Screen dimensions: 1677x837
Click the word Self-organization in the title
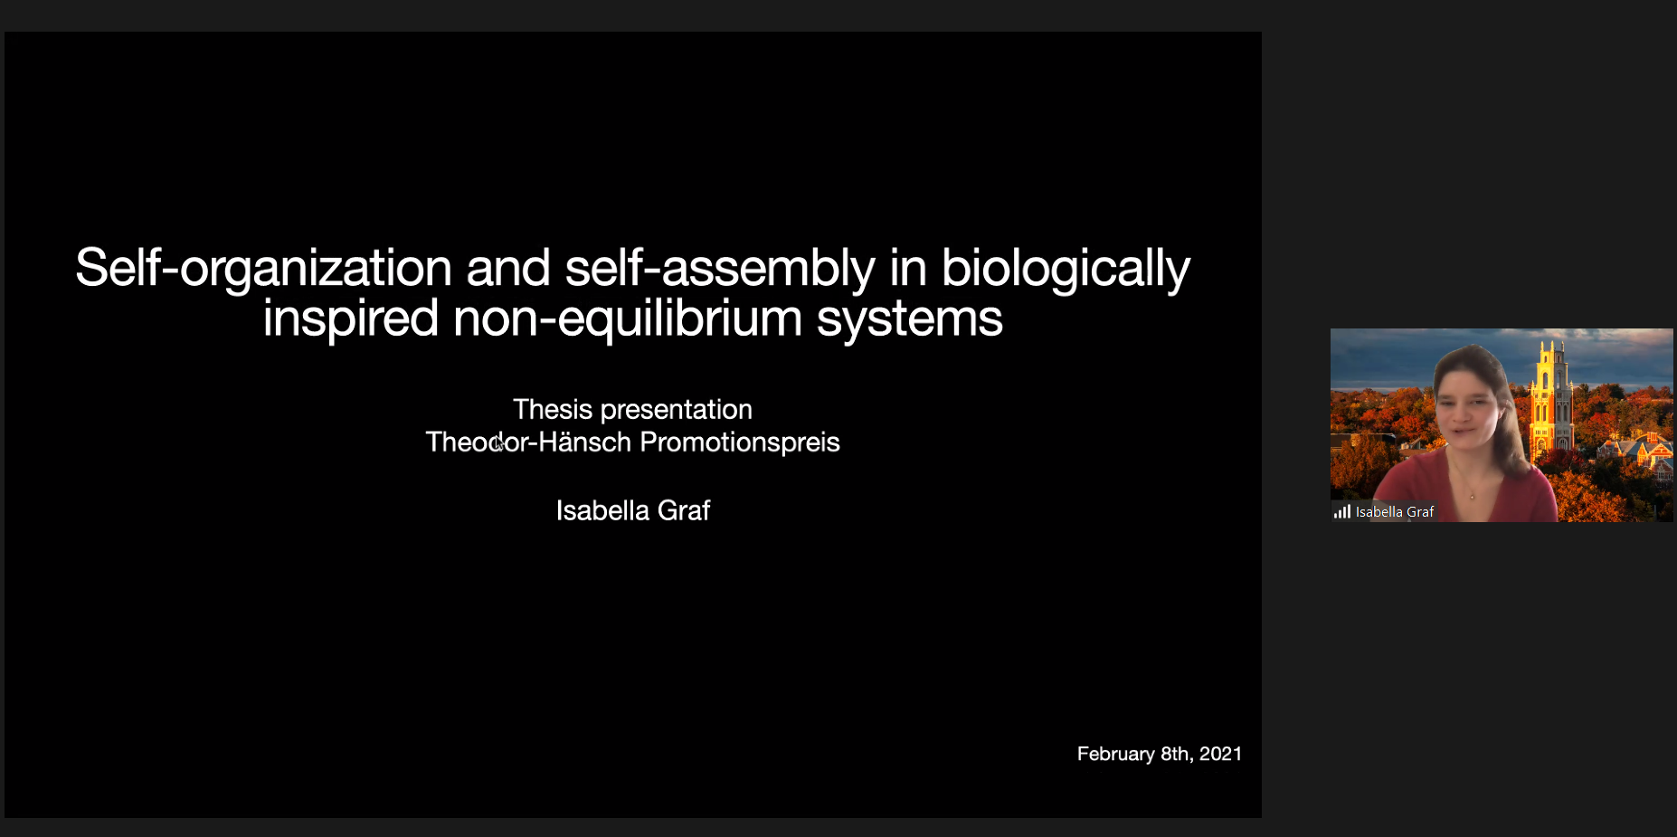[x=263, y=269]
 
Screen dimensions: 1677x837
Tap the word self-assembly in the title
[x=720, y=269]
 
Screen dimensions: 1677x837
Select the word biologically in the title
[x=1066, y=269]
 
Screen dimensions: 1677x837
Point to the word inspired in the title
[x=351, y=319]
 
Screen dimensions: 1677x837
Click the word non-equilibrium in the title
[x=628, y=319]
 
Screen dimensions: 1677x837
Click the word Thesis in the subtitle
[x=553, y=409]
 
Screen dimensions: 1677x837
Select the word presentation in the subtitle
[x=677, y=411]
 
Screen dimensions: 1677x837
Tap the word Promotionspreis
[x=740, y=442]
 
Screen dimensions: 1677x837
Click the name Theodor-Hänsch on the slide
[x=528, y=442]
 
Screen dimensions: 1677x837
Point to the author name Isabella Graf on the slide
[x=633, y=510]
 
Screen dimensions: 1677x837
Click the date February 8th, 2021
[x=1160, y=754]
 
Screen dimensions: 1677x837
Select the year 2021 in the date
[x=1220, y=754]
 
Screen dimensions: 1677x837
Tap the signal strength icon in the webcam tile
[x=1342, y=512]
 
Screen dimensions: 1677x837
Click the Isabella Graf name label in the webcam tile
[x=1395, y=512]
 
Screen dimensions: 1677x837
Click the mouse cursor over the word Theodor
[x=498, y=443]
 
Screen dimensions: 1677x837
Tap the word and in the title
[x=508, y=269]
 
